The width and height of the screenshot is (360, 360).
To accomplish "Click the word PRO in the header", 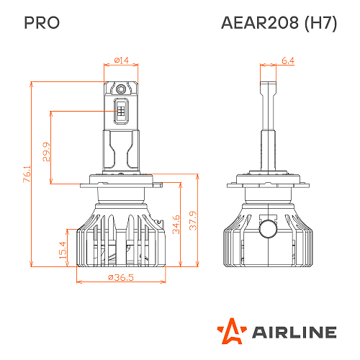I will pyautogui.click(x=42, y=22).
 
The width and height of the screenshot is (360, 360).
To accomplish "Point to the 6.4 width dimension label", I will pyautogui.click(x=287, y=60).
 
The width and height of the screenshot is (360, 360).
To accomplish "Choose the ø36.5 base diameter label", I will pyautogui.click(x=120, y=278).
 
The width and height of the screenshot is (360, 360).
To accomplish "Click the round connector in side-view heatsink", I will pyautogui.click(x=268, y=229).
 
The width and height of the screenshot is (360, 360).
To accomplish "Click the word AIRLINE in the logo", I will pyautogui.click(x=293, y=332).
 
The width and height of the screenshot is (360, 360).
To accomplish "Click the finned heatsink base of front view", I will pyautogui.click(x=120, y=238).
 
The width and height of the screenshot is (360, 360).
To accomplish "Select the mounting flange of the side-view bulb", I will pyautogui.click(x=268, y=180).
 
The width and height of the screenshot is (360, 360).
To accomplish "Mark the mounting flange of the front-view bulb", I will pyautogui.click(x=120, y=180).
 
